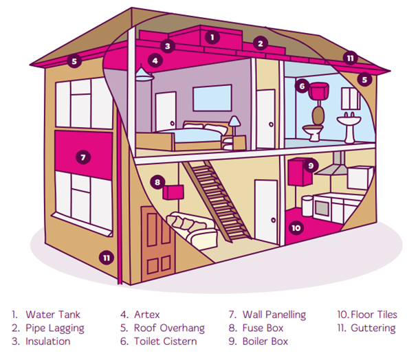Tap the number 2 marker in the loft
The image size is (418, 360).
(x=260, y=43)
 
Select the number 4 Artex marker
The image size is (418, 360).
(x=156, y=60)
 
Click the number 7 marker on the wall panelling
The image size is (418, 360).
(x=82, y=157)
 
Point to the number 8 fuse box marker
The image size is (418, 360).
(x=157, y=182)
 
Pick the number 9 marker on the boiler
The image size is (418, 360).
(x=311, y=165)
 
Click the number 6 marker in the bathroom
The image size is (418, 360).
(x=301, y=87)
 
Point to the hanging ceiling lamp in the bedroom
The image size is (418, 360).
(x=143, y=74)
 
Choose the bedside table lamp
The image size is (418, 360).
(x=234, y=124)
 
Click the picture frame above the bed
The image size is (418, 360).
(x=211, y=98)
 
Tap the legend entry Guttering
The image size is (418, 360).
(x=375, y=328)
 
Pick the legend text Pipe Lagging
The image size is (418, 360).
(x=54, y=328)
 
